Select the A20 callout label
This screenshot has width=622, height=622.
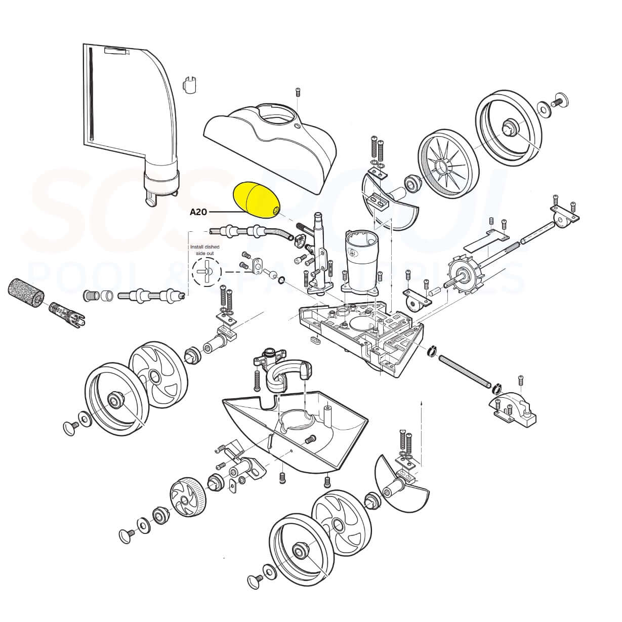[x=198, y=212]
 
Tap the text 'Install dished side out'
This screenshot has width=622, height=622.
[x=204, y=249]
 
